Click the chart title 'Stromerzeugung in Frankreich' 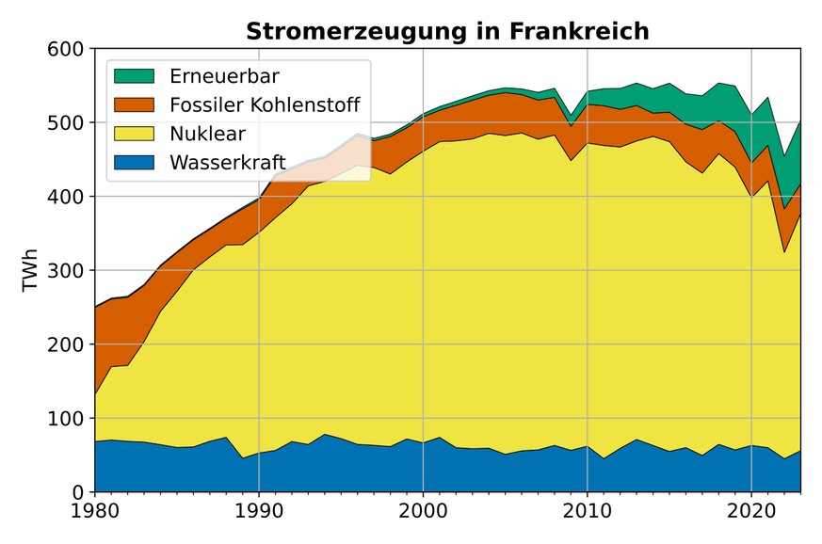(447, 31)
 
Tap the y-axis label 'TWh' (31, 271)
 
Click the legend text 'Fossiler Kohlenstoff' (265, 104)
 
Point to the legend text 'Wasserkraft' (227, 162)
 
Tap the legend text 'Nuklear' (208, 133)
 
